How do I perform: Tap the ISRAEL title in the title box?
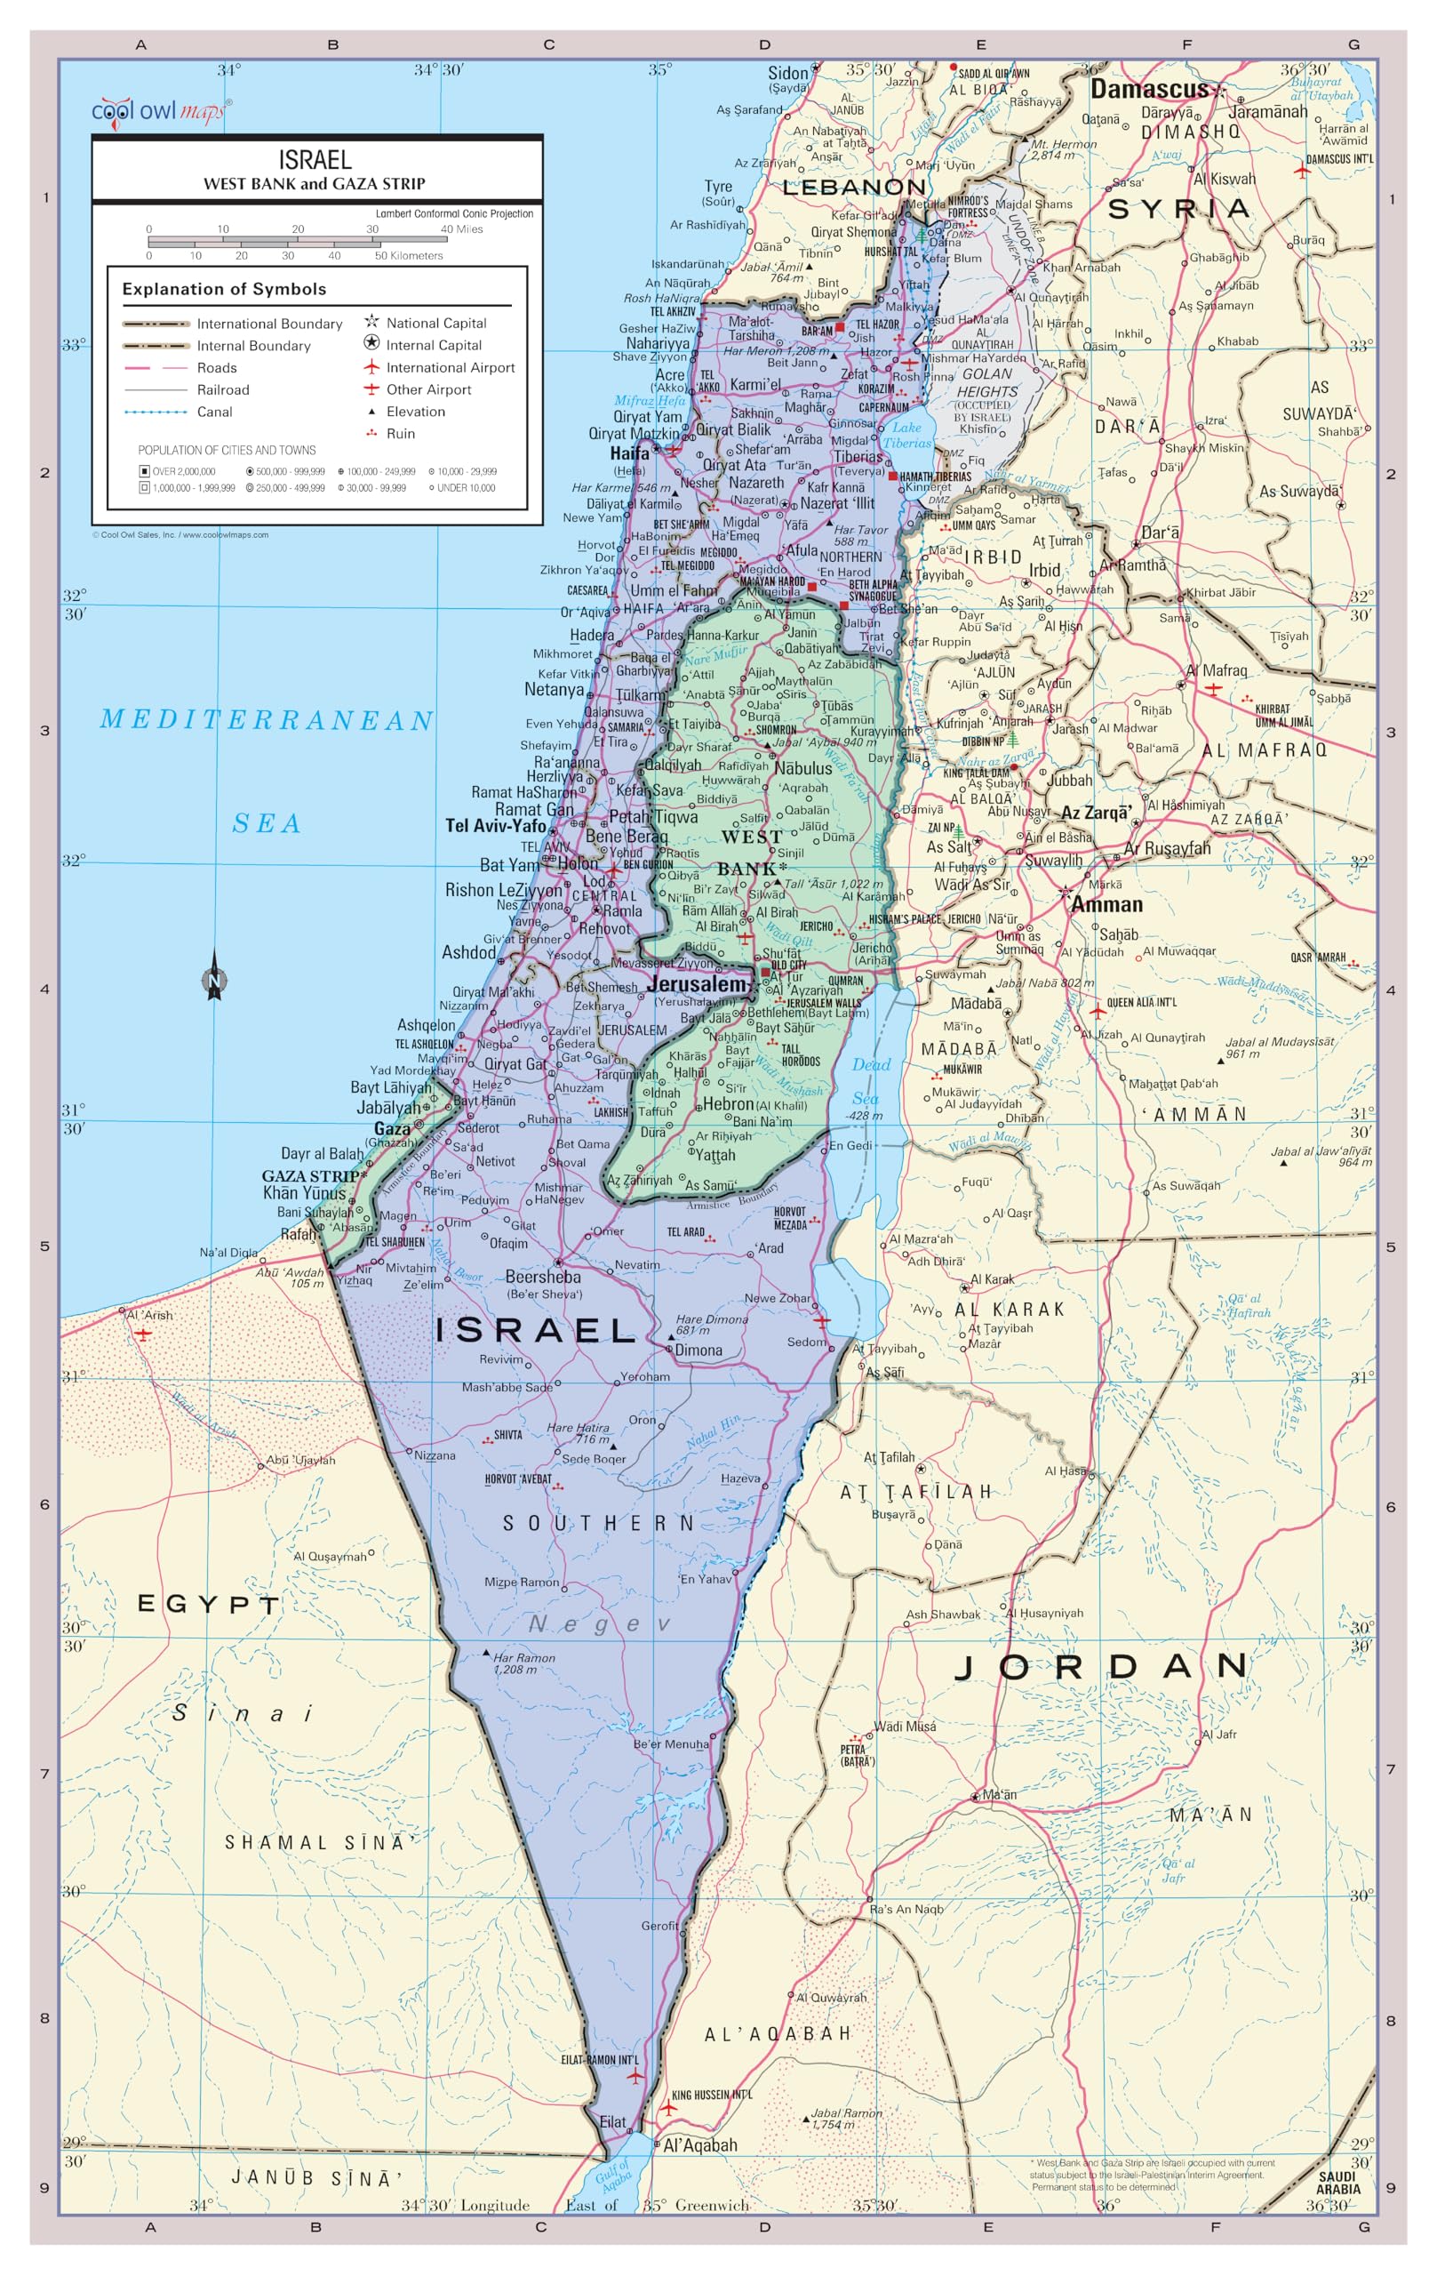pos(315,160)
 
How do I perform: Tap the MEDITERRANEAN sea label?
pos(267,720)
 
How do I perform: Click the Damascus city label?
pos(1149,90)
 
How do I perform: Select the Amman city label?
pos(1106,904)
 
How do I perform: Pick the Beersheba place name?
pos(542,1277)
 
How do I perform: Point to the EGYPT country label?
pos(209,1604)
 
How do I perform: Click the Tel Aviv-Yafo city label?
pos(495,826)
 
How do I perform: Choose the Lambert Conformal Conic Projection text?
pos(454,213)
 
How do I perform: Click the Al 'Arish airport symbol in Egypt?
pos(143,1334)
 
